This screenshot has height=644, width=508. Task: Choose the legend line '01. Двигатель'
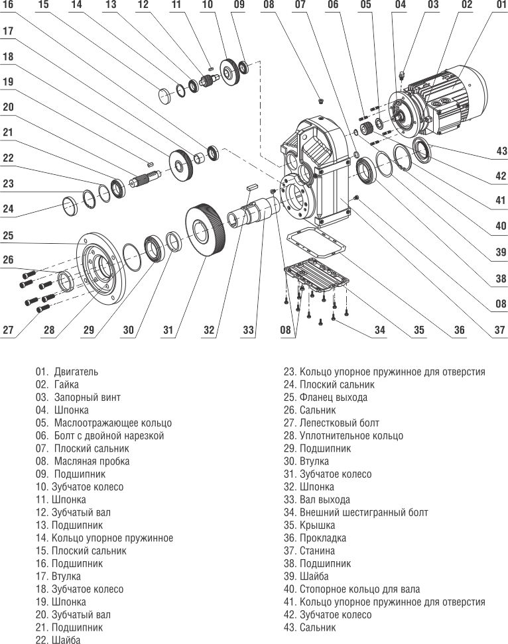67,372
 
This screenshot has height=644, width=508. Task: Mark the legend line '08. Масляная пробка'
82,461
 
